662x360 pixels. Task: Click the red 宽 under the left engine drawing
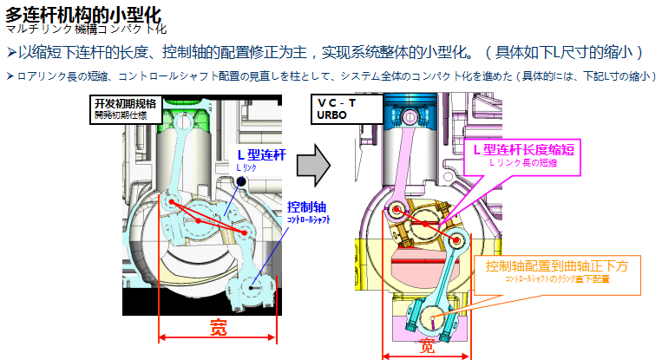(219, 328)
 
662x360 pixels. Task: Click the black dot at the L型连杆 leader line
(244, 180)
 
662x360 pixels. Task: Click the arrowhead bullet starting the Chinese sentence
(10, 52)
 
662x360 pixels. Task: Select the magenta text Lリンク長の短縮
(524, 162)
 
